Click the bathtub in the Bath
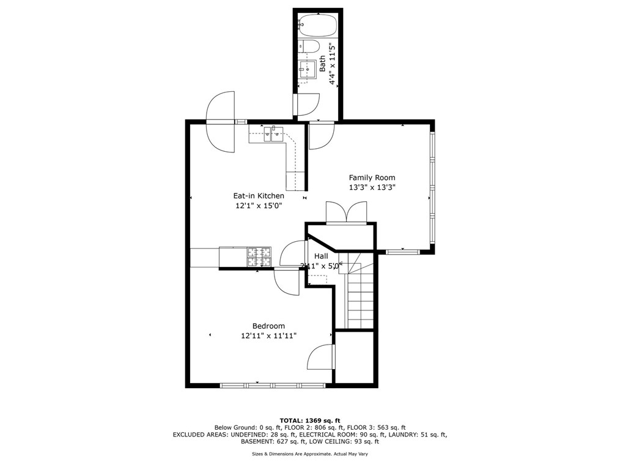point(318,25)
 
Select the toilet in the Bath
point(309,47)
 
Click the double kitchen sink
point(274,133)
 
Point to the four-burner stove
point(259,256)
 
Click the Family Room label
point(372,178)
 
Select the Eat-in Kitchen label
point(259,195)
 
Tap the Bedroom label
point(268,326)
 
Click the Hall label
point(321,256)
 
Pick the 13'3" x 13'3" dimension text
point(372,187)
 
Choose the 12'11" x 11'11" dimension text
point(269,335)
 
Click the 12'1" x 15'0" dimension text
point(259,206)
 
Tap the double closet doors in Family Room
point(346,214)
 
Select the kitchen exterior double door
point(220,122)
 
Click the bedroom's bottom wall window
point(273,385)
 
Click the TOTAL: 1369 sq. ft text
point(310,421)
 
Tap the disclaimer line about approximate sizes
point(310,454)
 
